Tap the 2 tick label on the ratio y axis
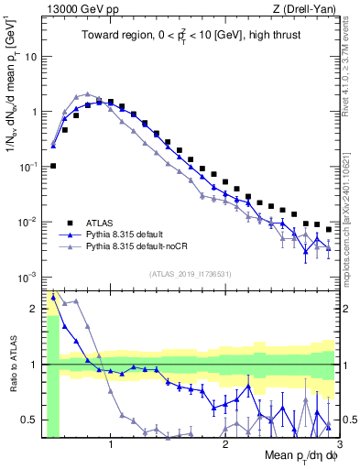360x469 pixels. [x=35, y=309]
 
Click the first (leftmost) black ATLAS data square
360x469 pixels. [x=53, y=166]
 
